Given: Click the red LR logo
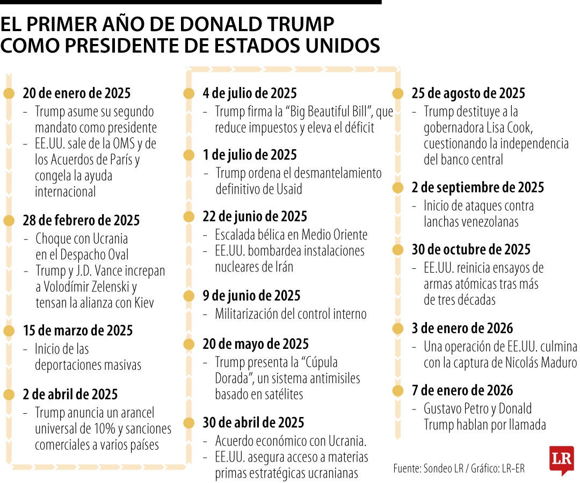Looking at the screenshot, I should [x=561, y=459].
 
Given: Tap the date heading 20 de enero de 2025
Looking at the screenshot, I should [x=76, y=93].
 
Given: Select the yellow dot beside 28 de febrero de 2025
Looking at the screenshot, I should [x=9, y=221].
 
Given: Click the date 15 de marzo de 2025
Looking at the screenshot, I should [x=77, y=331].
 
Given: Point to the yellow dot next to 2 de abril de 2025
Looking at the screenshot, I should [x=9, y=395].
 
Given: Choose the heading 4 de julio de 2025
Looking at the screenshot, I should [x=249, y=93].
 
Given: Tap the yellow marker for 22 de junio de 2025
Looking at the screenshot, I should [x=189, y=217].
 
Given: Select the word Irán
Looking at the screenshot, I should [x=281, y=267].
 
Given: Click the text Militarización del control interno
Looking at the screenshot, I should [x=291, y=314].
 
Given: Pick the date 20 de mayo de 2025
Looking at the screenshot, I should [x=256, y=344].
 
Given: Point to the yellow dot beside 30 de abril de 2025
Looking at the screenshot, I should [x=189, y=423].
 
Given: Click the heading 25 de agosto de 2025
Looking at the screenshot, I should [x=468, y=93].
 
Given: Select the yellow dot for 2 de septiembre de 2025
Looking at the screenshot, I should [x=397, y=188].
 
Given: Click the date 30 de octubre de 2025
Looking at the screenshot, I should [x=471, y=250].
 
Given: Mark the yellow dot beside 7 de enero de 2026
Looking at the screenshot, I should [x=397, y=391].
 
